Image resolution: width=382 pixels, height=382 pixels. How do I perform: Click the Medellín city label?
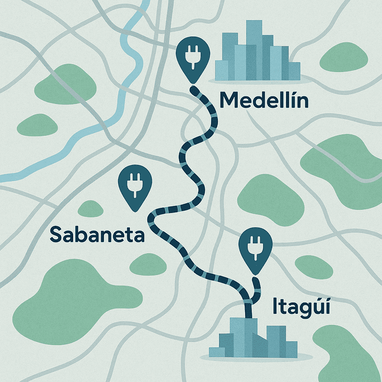coord(264,101)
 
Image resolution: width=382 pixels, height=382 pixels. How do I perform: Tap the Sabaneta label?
coord(97,234)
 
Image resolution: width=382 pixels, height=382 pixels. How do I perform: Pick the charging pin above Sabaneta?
coord(132,184)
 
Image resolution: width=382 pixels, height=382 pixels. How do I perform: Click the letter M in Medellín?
coord(229,101)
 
